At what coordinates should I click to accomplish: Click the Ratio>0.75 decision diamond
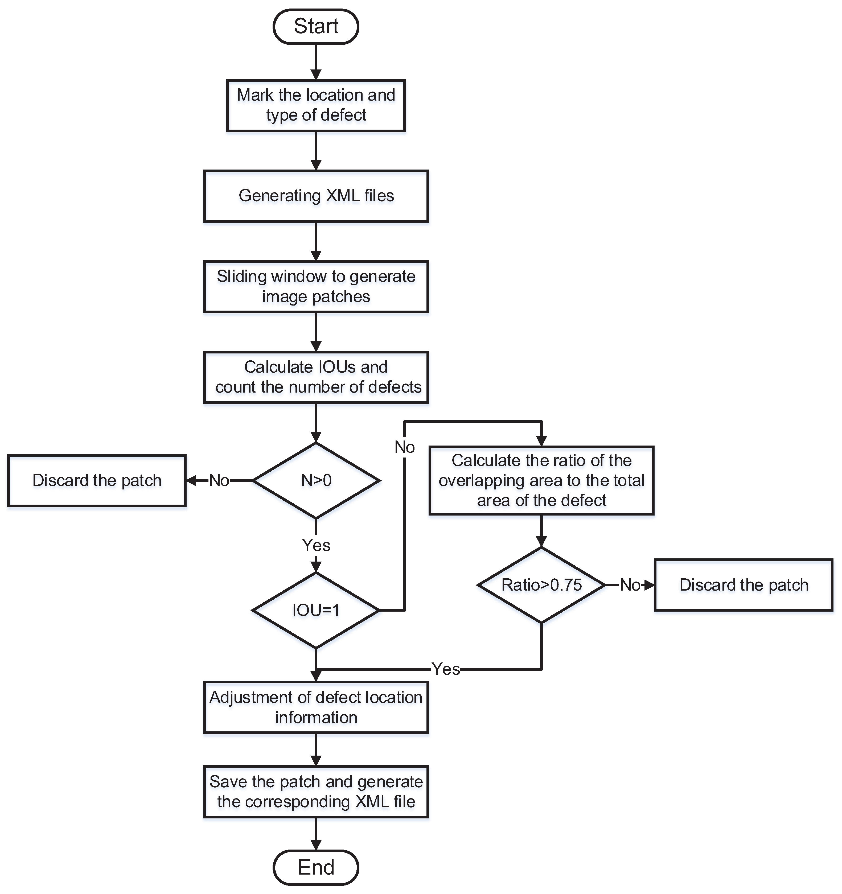coord(541,585)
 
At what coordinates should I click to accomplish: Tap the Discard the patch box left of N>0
coord(97,480)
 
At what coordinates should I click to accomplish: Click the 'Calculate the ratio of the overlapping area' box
coord(541,480)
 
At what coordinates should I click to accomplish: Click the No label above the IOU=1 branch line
coord(404,447)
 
